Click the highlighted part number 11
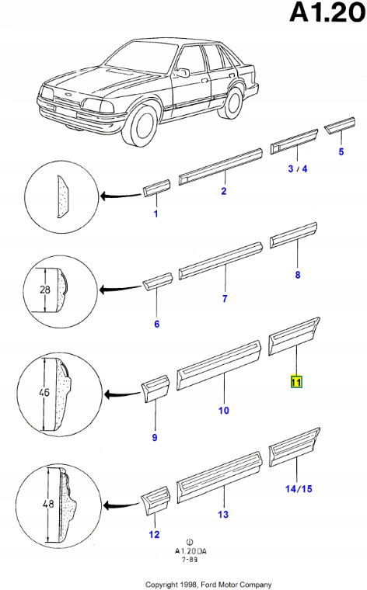click(296, 382)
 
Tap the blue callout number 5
click(341, 151)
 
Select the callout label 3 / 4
click(297, 168)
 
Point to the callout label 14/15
click(299, 488)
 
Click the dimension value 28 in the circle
click(44, 290)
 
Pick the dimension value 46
click(44, 392)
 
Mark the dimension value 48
click(49, 503)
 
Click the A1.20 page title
click(327, 12)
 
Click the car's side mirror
click(183, 73)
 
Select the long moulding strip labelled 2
click(220, 167)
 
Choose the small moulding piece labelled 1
click(156, 188)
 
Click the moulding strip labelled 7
click(221, 261)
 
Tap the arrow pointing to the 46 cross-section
click(122, 394)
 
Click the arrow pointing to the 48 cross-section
click(122, 505)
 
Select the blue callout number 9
click(155, 437)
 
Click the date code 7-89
click(190, 559)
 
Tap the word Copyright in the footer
click(161, 585)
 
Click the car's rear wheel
click(232, 102)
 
